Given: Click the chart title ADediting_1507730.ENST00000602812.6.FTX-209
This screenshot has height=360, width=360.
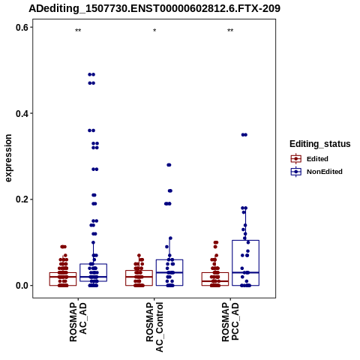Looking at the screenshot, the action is [154, 9].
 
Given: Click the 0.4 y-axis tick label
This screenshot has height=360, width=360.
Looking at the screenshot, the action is [22, 114].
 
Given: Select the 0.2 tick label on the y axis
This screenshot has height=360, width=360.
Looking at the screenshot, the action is [22, 199].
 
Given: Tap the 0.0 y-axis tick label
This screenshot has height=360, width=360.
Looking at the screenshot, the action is [22, 286].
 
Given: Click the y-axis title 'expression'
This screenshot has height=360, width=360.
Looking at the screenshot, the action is [8, 158].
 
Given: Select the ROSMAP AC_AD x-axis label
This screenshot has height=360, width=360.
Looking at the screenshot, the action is [78, 322].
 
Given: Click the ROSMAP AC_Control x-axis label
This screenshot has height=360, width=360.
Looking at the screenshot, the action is [154, 327].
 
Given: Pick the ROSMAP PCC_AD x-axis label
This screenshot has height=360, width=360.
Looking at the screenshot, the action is [230, 322].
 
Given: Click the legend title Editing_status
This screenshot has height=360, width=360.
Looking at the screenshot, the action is [320, 144].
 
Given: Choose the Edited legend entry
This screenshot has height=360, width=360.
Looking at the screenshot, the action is [309, 159].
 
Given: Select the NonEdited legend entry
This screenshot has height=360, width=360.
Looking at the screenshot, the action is [316, 172].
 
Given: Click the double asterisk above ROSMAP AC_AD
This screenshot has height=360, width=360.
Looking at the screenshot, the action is [78, 31].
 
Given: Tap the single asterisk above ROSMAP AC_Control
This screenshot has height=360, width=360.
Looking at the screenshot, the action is [154, 31].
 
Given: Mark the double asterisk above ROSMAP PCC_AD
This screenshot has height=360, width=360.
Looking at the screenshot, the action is [230, 31].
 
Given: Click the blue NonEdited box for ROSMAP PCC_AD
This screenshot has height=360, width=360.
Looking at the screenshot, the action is [245, 241].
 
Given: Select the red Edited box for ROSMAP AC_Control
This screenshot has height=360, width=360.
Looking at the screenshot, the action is [139, 271].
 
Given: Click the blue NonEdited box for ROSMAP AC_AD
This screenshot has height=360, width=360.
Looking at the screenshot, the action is [93, 264].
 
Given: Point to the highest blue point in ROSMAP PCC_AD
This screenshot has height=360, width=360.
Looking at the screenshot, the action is [244, 135].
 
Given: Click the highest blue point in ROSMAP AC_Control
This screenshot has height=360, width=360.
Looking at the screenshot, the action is [169, 165].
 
